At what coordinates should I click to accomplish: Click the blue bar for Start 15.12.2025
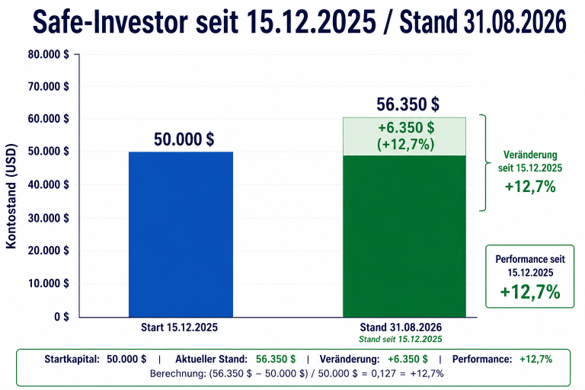pos(181,235)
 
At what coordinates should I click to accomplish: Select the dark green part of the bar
pos(404,236)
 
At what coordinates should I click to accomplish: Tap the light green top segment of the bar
pos(404,136)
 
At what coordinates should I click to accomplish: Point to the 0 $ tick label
pos(62,317)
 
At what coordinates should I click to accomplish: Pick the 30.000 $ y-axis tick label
pos(49,218)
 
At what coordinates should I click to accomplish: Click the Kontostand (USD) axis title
pos(11,196)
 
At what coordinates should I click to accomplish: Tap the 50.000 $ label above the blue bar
pos(184,139)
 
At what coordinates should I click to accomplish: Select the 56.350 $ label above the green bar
pos(408,104)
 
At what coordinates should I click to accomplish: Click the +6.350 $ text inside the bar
pos(406,128)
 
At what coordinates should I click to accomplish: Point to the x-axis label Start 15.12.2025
pos(179,328)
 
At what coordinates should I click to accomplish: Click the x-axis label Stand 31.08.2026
pos(401,328)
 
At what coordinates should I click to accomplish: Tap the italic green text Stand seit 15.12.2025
pos(401,339)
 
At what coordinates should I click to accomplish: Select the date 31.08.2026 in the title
pos(515,21)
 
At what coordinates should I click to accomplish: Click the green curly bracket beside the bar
pos(484,163)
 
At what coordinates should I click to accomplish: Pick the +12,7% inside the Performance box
pos(530,292)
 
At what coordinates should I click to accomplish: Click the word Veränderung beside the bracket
pos(530,155)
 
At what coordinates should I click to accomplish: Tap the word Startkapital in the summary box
pos(72,359)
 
